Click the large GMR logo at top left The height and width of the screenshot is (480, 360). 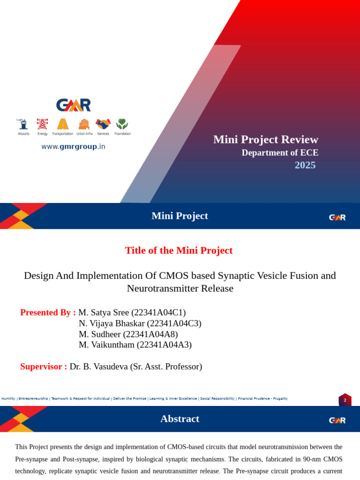pyautogui.click(x=74, y=105)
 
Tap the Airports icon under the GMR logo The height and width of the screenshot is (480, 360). pyautogui.click(x=23, y=124)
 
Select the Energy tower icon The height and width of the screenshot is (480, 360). pyautogui.click(x=42, y=124)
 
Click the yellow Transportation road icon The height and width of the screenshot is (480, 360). pyautogui.click(x=63, y=124)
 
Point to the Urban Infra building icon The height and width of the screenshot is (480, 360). pyautogui.click(x=84, y=124)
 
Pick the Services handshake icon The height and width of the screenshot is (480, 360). pyautogui.click(x=103, y=124)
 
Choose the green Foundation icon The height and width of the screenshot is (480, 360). pyautogui.click(x=122, y=124)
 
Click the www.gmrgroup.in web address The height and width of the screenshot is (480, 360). pyautogui.click(x=73, y=147)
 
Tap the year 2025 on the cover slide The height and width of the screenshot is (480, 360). pyautogui.click(x=305, y=165)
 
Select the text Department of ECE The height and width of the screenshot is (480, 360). pyautogui.click(x=280, y=153)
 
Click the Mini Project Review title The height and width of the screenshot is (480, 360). pyautogui.click(x=265, y=139)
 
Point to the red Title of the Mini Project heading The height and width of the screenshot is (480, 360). pyautogui.click(x=179, y=250)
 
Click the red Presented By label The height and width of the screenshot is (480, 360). pyautogui.click(x=48, y=313)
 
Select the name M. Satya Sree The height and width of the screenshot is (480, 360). pyautogui.click(x=104, y=313)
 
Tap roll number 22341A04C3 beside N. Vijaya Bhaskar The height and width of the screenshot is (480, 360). pyautogui.click(x=174, y=323)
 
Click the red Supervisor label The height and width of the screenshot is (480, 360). pyautogui.click(x=43, y=367)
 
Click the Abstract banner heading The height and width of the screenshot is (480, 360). pyautogui.click(x=180, y=419)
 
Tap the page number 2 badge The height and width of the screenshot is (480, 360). pyautogui.click(x=345, y=400)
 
